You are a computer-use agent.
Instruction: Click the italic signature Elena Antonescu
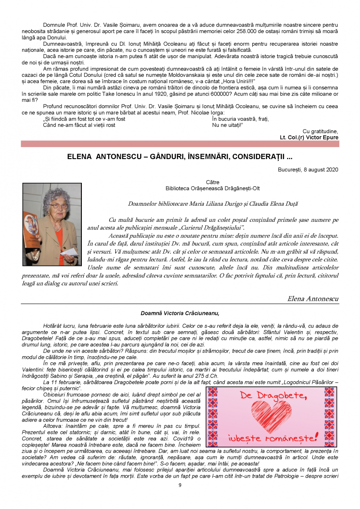(313, 299)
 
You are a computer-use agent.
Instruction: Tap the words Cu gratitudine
(320, 131)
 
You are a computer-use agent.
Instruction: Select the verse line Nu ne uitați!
(227, 125)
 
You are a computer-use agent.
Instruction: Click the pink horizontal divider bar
(180, 144)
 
